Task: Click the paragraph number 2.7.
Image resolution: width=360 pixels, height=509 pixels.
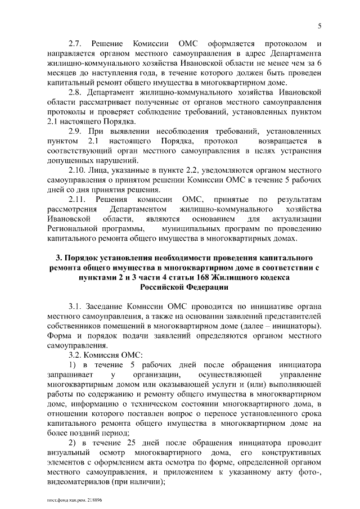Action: click(x=76, y=43)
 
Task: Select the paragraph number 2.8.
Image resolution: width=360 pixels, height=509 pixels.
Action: click(x=76, y=92)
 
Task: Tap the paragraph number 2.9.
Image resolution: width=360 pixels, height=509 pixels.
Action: click(x=76, y=131)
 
